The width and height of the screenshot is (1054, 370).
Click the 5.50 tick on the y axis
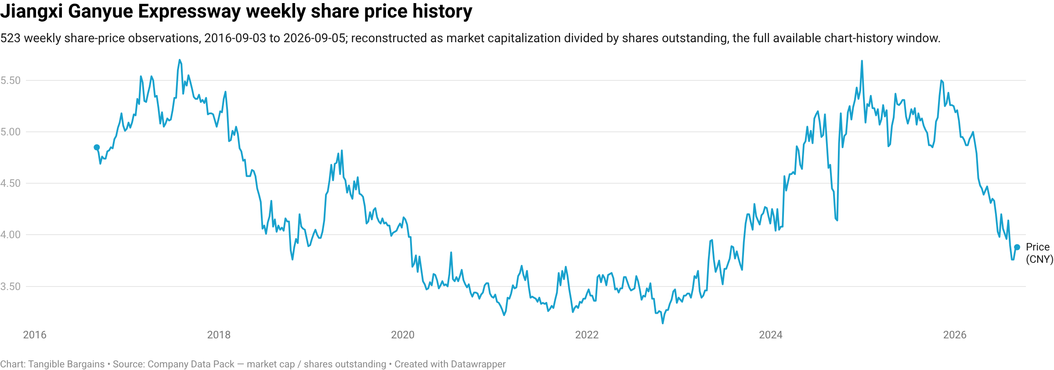click(x=11, y=80)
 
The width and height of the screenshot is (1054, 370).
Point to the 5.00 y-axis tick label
click(x=11, y=132)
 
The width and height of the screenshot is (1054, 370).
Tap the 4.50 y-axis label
click(x=11, y=183)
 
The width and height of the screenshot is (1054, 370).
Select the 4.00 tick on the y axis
click(x=11, y=235)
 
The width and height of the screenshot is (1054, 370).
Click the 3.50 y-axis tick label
click(x=11, y=287)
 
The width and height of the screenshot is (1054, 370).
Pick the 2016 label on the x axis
click(x=35, y=335)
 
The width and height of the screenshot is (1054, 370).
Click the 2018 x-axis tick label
click(x=219, y=335)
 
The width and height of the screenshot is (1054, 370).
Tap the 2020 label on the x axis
click(x=403, y=335)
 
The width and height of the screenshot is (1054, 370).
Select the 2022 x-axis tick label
click(x=587, y=335)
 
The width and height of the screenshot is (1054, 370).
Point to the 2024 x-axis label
click(x=771, y=335)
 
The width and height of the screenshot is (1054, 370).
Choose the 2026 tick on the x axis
click(x=955, y=335)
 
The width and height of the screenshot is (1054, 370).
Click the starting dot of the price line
click(x=97, y=148)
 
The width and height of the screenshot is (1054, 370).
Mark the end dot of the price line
click(x=1017, y=247)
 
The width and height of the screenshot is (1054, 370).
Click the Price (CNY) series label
click(x=1040, y=253)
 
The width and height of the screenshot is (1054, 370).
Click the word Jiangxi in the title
click(x=32, y=11)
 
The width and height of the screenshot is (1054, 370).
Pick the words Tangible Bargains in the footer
click(x=66, y=364)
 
